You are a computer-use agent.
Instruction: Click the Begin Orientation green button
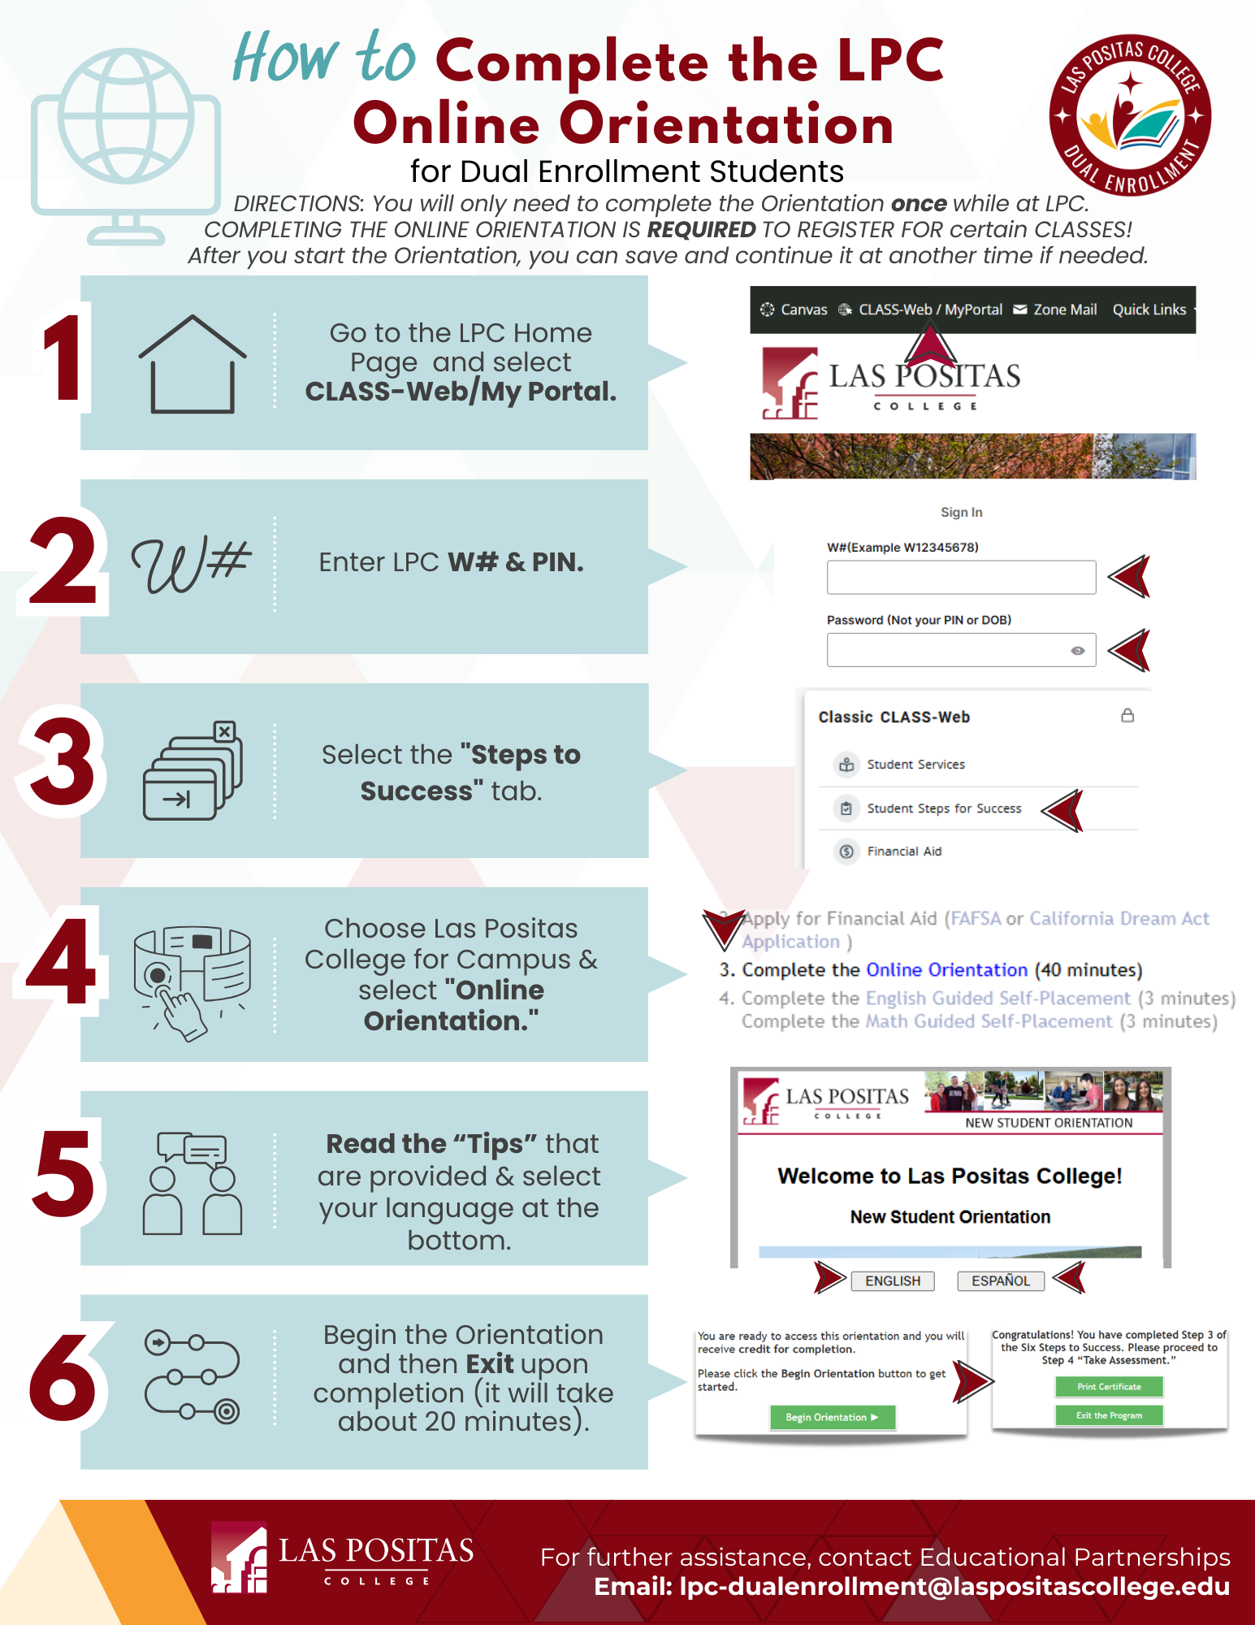click(833, 1417)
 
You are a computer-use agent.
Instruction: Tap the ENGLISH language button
click(893, 1280)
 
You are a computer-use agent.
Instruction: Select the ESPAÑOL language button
click(1001, 1280)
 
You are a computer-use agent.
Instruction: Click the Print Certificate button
click(1109, 1387)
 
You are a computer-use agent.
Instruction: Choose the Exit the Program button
click(1109, 1415)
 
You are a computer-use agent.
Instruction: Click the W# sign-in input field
click(961, 577)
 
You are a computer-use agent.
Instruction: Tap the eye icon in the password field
click(1078, 650)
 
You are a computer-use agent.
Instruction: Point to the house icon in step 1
click(193, 364)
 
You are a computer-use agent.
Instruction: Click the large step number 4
click(62, 962)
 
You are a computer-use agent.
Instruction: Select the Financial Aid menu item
click(904, 851)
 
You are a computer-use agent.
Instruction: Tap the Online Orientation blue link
click(947, 969)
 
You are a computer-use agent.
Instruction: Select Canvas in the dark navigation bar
click(794, 310)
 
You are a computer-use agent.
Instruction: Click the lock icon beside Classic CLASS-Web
click(1127, 715)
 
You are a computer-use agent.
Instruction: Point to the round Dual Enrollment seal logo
click(1130, 115)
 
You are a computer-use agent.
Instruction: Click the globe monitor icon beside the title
click(126, 146)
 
